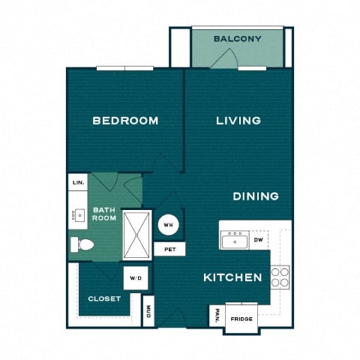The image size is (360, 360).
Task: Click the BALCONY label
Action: tap(237, 39)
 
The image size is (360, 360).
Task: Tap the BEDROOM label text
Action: tap(125, 120)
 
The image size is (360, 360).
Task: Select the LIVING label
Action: tap(238, 120)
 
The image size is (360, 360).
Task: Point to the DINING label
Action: tap(256, 196)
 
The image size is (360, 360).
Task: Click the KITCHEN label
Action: tap(232, 277)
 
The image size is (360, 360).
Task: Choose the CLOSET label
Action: tap(104, 298)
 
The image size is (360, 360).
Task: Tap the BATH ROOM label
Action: tap(103, 214)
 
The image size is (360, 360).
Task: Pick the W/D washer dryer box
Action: tap(135, 277)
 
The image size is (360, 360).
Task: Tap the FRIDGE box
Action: tap(241, 318)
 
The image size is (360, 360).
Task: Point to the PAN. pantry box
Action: tap(216, 315)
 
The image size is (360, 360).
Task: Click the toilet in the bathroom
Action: tap(81, 244)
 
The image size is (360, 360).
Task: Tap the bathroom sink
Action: tap(78, 215)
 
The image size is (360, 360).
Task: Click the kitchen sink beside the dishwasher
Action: tap(234, 240)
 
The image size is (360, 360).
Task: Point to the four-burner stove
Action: tap(280, 277)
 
